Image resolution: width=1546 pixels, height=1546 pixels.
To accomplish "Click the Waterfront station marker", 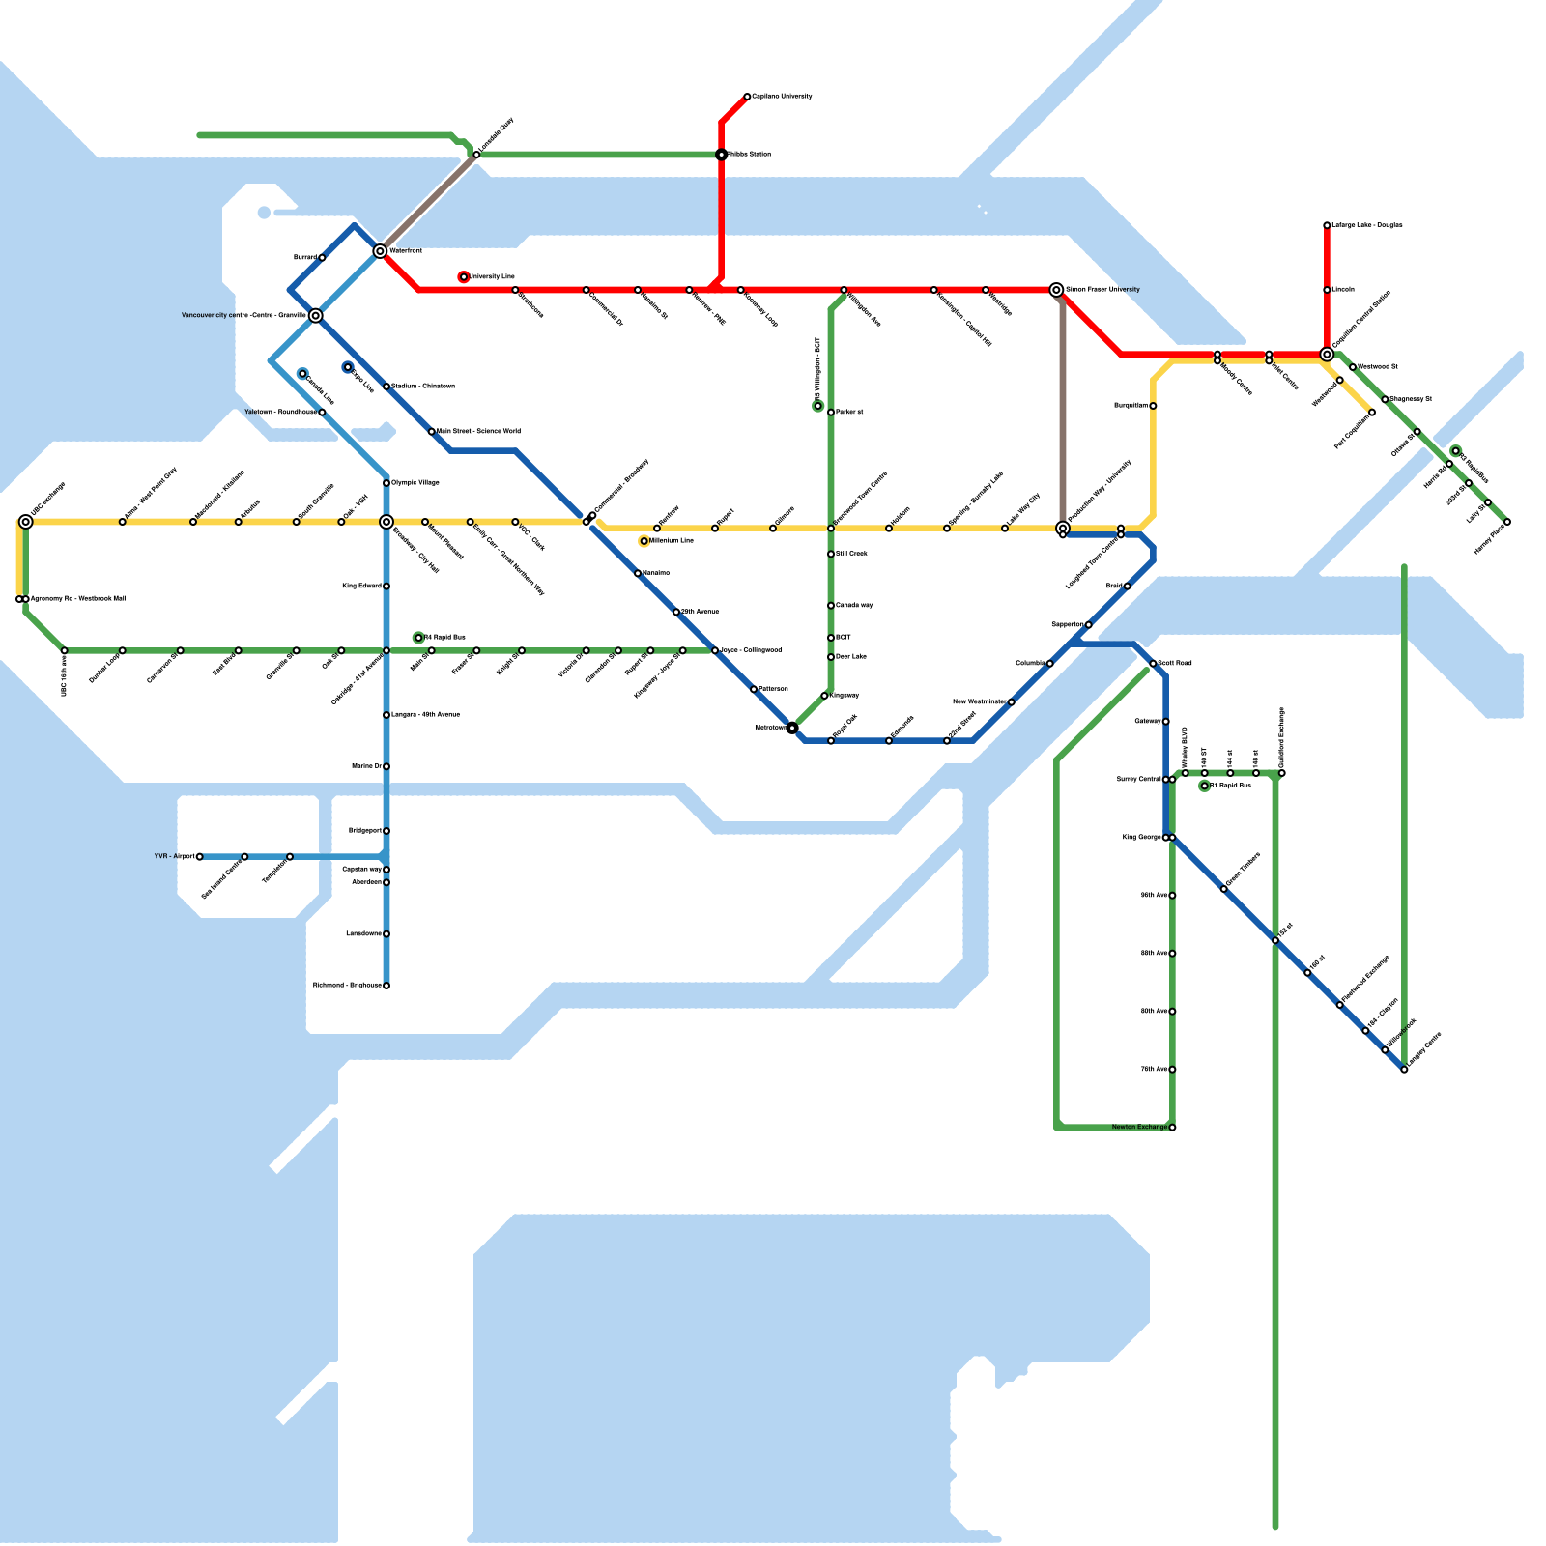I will (x=380, y=251).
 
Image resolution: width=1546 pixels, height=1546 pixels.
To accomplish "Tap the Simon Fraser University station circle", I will (x=1056, y=290).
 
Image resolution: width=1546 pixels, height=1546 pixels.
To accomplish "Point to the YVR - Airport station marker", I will (x=200, y=857).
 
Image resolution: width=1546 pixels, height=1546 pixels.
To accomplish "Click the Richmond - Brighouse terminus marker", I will (x=386, y=986).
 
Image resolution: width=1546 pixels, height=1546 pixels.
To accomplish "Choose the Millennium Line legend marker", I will (x=644, y=541).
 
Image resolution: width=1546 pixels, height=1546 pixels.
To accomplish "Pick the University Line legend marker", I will (x=464, y=277).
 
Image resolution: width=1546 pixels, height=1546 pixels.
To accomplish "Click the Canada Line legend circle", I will (x=302, y=374).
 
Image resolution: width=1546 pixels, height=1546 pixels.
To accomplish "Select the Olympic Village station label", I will (x=415, y=482).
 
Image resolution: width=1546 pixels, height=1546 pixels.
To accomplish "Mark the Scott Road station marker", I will (x=1153, y=664).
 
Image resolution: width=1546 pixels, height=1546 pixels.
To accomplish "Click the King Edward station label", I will (x=361, y=586).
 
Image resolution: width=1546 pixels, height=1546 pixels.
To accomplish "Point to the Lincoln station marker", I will (x=1327, y=290).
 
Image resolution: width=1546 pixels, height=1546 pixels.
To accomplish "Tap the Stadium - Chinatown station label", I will (x=422, y=386).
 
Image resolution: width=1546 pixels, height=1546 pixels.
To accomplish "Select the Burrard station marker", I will (x=322, y=258).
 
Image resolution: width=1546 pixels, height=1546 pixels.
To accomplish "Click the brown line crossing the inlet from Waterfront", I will (x=430, y=201).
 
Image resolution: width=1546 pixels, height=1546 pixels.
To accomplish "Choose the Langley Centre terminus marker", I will (x=1404, y=1070).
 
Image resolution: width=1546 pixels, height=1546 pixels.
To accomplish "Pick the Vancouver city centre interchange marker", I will (x=316, y=316).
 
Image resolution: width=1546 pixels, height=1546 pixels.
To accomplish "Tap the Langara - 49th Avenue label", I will (x=425, y=714).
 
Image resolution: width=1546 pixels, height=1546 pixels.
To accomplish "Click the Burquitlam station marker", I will (x=1153, y=406).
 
